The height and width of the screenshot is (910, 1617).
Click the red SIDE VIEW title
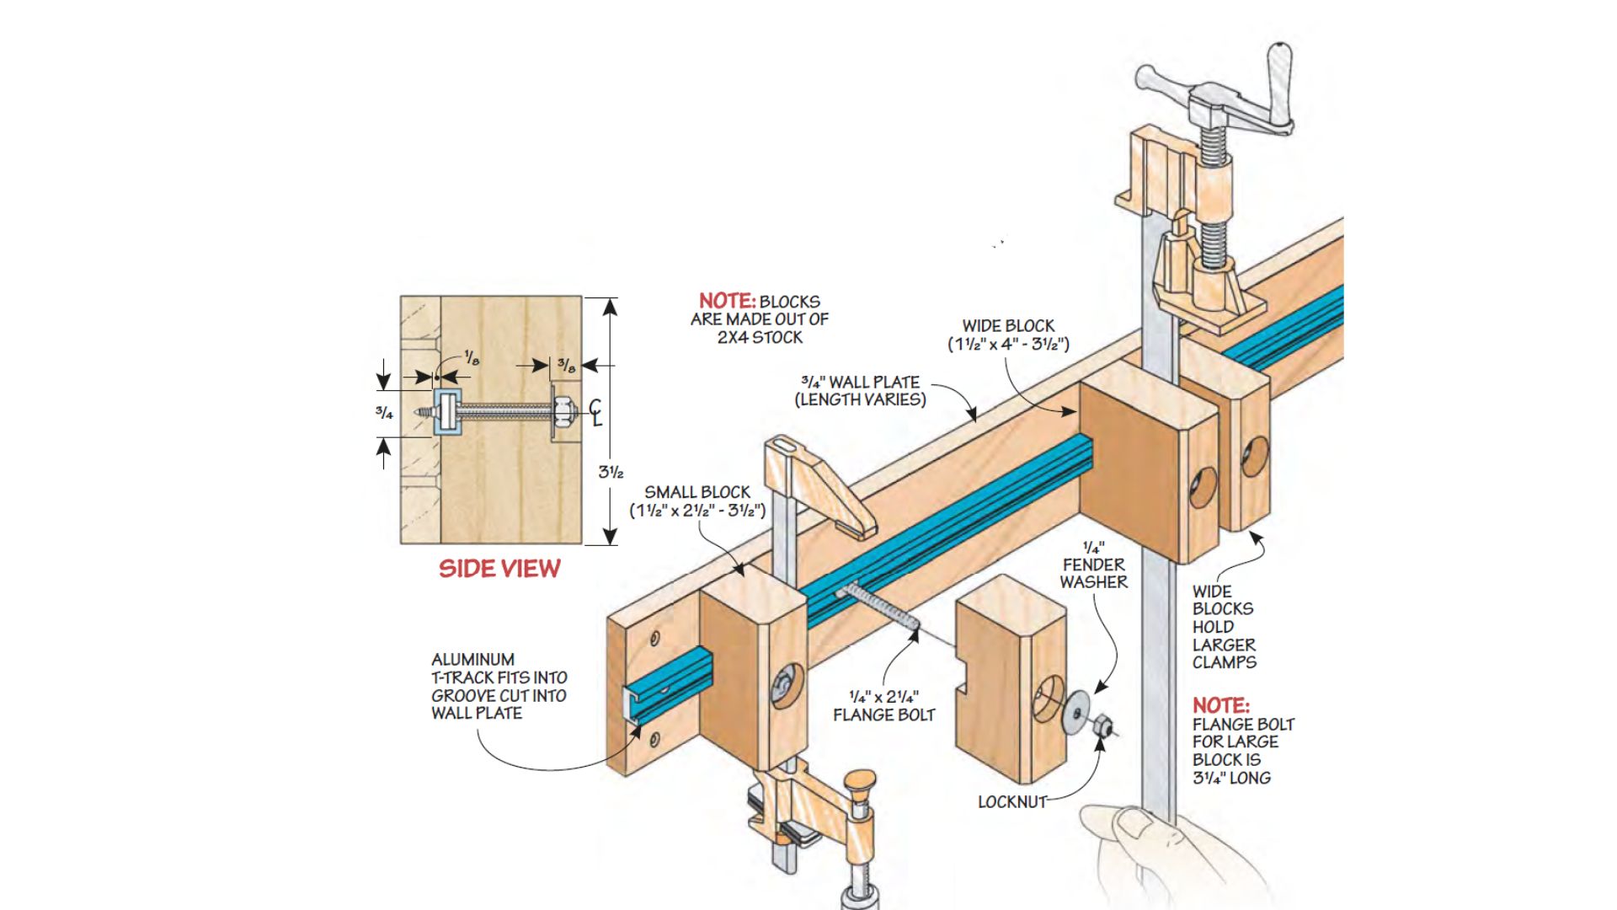point(499,569)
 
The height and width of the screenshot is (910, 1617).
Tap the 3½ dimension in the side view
point(611,472)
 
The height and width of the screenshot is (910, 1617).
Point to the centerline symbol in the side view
point(595,413)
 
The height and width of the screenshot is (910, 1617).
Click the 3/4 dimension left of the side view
point(384,413)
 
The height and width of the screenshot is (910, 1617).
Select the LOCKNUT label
point(1011,802)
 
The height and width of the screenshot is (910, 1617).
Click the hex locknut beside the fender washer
point(1100,724)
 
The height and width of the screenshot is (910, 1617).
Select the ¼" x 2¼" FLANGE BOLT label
point(883,706)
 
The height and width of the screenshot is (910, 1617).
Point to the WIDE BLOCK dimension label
point(1008,335)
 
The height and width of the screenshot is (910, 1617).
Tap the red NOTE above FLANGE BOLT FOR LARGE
point(1220,706)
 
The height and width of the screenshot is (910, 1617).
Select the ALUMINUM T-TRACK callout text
point(499,687)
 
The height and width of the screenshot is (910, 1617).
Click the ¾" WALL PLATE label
point(861,391)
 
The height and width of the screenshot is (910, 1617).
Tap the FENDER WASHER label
point(1093,573)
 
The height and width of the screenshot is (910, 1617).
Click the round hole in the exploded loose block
point(1047,699)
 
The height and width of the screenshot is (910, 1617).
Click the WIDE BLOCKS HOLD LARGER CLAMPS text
point(1223,627)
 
